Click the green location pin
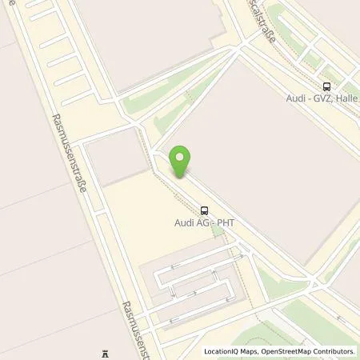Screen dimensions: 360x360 pyautogui.click(x=180, y=161)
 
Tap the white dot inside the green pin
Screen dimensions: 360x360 pyautogui.click(x=180, y=157)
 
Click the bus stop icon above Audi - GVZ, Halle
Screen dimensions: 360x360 pyautogui.click(x=326, y=87)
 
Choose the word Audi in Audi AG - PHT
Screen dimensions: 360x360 pyautogui.click(x=184, y=223)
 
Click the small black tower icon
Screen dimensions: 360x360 pyautogui.click(x=104, y=353)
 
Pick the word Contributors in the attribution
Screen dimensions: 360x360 pyautogui.click(x=335, y=351)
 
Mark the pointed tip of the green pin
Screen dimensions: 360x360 pyautogui.click(x=180, y=178)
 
